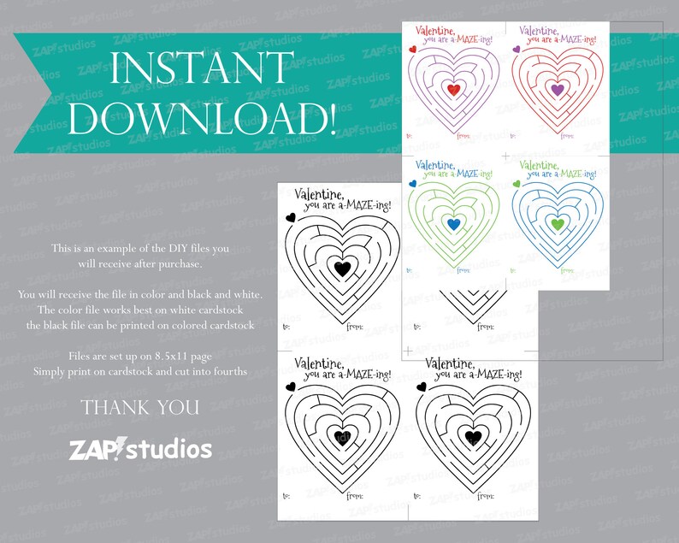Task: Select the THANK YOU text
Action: [140, 407]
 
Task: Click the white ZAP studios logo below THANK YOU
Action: [140, 448]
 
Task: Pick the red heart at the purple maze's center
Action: [453, 89]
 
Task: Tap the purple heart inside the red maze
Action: [557, 89]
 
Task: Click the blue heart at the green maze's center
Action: [453, 223]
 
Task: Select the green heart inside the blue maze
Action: [557, 223]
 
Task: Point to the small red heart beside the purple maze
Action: [411, 50]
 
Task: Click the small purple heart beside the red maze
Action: [516, 50]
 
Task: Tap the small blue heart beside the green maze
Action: [411, 183]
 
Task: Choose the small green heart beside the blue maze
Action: [516, 183]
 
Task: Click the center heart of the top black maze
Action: [341, 269]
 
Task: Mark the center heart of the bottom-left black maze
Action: [341, 437]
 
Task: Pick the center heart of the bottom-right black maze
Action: [472, 437]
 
